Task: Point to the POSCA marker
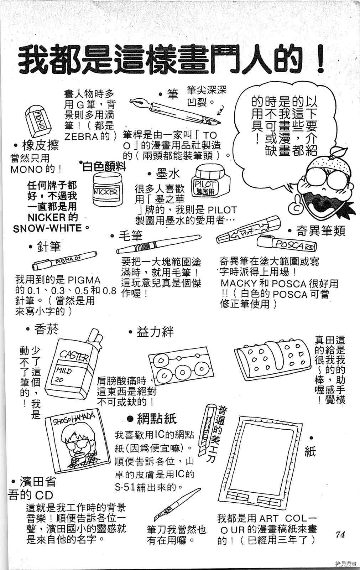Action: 287,244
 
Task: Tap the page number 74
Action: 340,534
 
